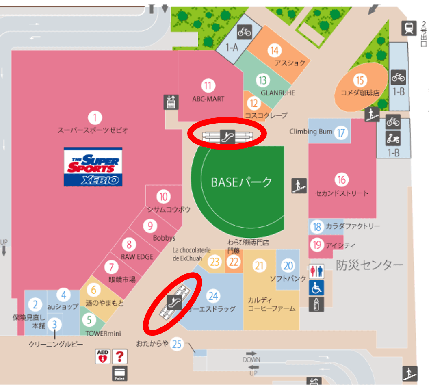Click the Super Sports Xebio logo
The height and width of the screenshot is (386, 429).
[x=93, y=167]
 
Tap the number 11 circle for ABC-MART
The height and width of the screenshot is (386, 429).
[x=208, y=86]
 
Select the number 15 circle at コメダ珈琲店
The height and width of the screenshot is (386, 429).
[x=360, y=80]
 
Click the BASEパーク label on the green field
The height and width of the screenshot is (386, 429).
[x=241, y=182]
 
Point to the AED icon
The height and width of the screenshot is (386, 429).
[x=102, y=356]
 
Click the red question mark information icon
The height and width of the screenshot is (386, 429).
[x=120, y=356]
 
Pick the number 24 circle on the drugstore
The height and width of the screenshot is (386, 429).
[x=213, y=296]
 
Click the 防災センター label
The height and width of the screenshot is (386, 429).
[x=370, y=265]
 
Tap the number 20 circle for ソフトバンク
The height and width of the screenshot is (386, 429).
[x=288, y=266]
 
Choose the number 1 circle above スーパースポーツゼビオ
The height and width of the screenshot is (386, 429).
[x=95, y=118]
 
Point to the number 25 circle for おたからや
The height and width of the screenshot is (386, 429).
[x=177, y=344]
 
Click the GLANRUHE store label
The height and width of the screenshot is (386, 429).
[x=278, y=93]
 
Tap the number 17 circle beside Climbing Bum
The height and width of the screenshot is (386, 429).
[x=341, y=132]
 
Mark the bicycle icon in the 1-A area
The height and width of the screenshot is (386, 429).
[x=245, y=31]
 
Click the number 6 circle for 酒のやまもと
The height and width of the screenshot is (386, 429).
[x=94, y=290]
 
